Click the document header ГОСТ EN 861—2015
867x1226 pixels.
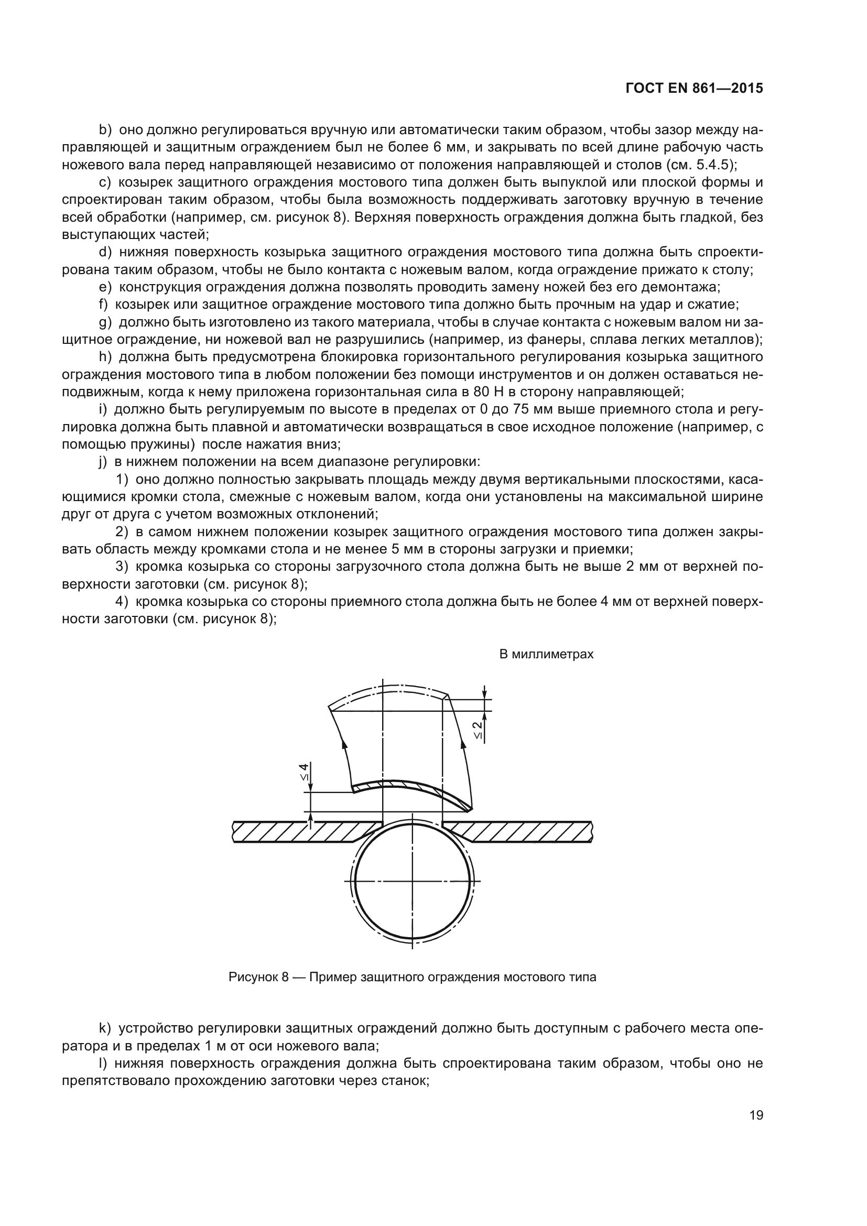coord(693,89)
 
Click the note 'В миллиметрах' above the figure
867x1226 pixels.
coord(546,654)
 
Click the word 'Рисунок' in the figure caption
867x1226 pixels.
coord(255,977)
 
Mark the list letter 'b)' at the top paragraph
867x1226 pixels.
coord(105,130)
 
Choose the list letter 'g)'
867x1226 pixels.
coord(105,322)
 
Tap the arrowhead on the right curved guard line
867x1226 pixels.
coord(460,743)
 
